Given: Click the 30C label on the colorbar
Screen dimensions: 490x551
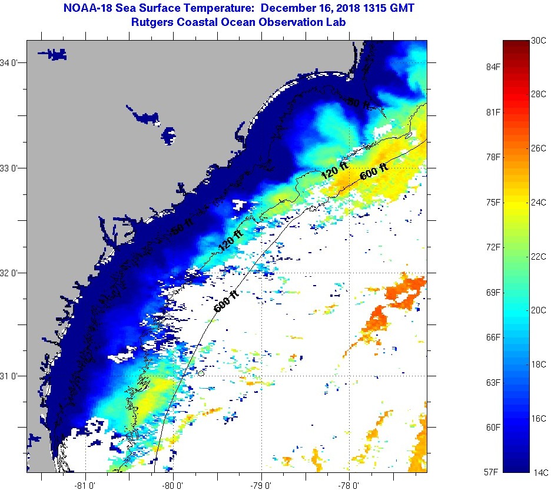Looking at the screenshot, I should (539, 41).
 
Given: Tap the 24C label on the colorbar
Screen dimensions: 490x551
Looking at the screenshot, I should (539, 203).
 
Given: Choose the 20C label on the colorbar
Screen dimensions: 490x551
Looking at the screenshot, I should (539, 310).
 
